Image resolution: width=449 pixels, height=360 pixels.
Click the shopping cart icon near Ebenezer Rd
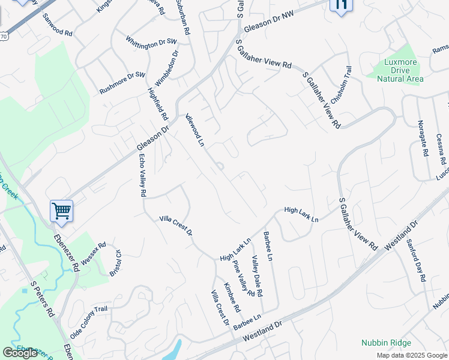tap(61, 211)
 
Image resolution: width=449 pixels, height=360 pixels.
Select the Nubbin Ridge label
tap(386, 343)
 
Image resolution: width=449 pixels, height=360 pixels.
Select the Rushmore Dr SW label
tap(122, 83)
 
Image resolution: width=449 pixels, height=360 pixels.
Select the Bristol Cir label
tap(115, 262)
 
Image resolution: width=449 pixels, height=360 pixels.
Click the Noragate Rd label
tap(423, 139)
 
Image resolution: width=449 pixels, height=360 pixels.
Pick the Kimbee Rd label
tap(232, 298)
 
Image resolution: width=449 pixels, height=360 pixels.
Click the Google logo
tap(20, 353)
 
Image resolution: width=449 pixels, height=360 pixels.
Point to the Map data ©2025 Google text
tap(411, 355)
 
